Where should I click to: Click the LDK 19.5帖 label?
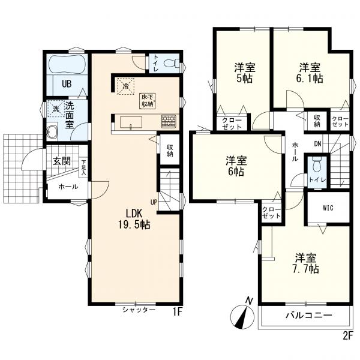tap(134, 219)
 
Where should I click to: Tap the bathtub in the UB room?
tap(67, 64)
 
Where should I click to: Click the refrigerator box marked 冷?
tap(125, 86)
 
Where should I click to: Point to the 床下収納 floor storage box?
tap(147, 101)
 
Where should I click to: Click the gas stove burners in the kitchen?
tap(169, 121)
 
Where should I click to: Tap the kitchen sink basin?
tap(131, 123)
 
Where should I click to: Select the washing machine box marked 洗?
tap(56, 109)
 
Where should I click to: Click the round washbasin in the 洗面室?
tap(52, 131)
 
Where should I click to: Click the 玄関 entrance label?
tap(62, 161)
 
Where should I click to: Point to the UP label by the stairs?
tap(154, 202)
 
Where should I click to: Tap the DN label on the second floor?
tap(317, 144)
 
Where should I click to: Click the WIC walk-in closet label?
tap(328, 208)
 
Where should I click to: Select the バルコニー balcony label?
tap(308, 315)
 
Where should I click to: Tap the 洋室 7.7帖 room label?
tap(307, 263)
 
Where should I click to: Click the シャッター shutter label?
tap(139, 310)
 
